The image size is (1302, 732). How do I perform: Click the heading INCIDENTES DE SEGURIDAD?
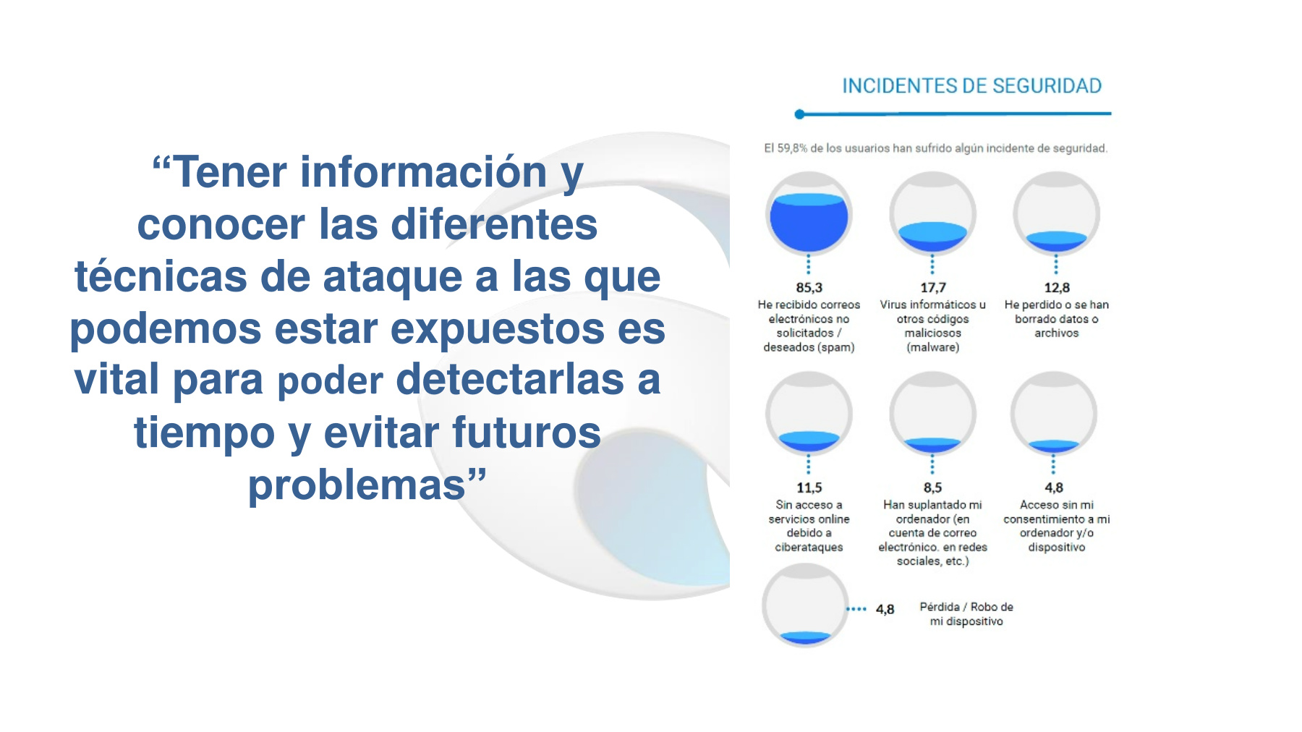[971, 86]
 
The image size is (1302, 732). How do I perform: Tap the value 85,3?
[809, 288]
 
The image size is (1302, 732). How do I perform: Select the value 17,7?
[932, 288]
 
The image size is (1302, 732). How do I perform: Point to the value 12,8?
[1057, 288]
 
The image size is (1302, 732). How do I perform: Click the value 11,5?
[809, 488]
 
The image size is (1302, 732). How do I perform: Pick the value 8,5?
[932, 488]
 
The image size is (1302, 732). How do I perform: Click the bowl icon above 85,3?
[809, 213]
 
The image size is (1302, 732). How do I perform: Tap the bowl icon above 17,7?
[932, 213]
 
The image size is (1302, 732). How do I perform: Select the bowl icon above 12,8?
[1057, 213]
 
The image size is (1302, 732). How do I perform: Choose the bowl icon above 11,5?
[809, 413]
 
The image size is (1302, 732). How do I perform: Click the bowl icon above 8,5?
[932, 413]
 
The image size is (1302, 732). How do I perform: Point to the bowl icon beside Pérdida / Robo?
[805, 605]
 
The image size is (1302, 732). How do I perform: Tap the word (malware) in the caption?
[932, 348]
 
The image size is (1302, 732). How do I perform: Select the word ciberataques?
[809, 548]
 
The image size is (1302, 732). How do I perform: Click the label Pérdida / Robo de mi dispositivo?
[966, 614]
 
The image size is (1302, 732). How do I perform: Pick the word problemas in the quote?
[357, 486]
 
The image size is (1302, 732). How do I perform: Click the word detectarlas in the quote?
[510, 380]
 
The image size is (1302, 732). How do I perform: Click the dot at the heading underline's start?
[799, 114]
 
